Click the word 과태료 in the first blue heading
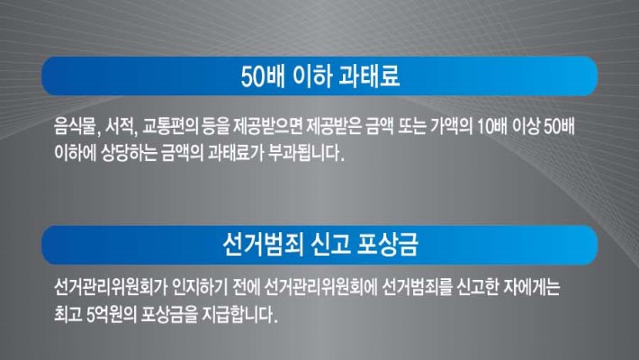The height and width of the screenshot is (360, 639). [x=369, y=76]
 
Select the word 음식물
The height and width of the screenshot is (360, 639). [x=77, y=127]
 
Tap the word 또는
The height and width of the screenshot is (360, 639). [x=412, y=127]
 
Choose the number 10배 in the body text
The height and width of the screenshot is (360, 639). [x=491, y=127]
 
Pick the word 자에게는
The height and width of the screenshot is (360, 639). [x=531, y=287]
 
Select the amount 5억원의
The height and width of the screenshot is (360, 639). [x=112, y=314]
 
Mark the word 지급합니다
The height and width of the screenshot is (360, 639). [x=239, y=314]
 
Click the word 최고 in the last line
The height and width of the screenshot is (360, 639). [x=68, y=314]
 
